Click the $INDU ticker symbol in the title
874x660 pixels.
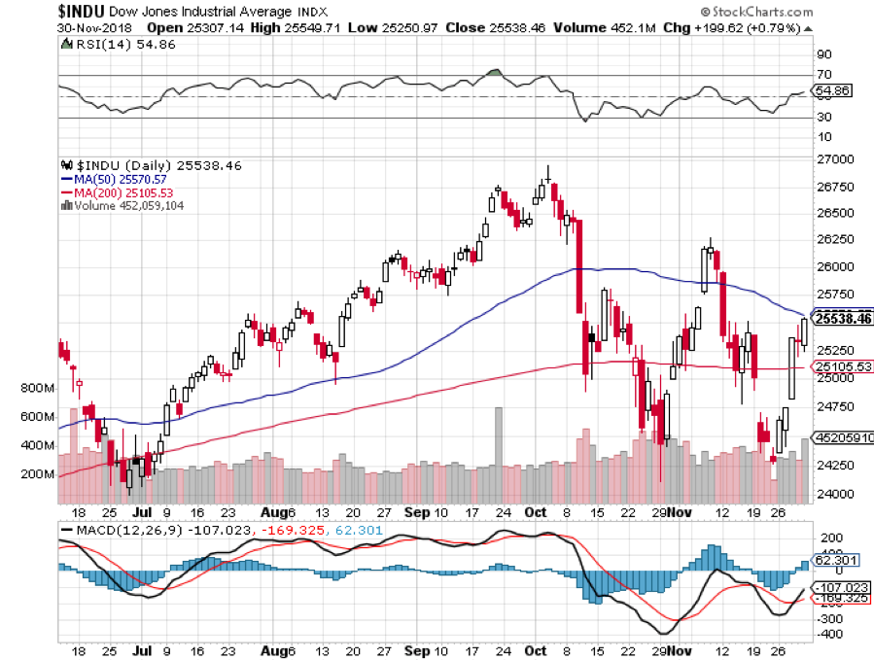pos(30,11)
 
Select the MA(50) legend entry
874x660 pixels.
pos(114,179)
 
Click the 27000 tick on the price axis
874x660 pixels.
pos(833,158)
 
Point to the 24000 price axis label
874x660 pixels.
pos(833,494)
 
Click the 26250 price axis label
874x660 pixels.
pos(833,239)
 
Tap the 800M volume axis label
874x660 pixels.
pos(36,389)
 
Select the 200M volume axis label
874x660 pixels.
pos(36,474)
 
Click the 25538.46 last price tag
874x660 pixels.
pos(842,318)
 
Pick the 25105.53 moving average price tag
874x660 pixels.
pos(842,366)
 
